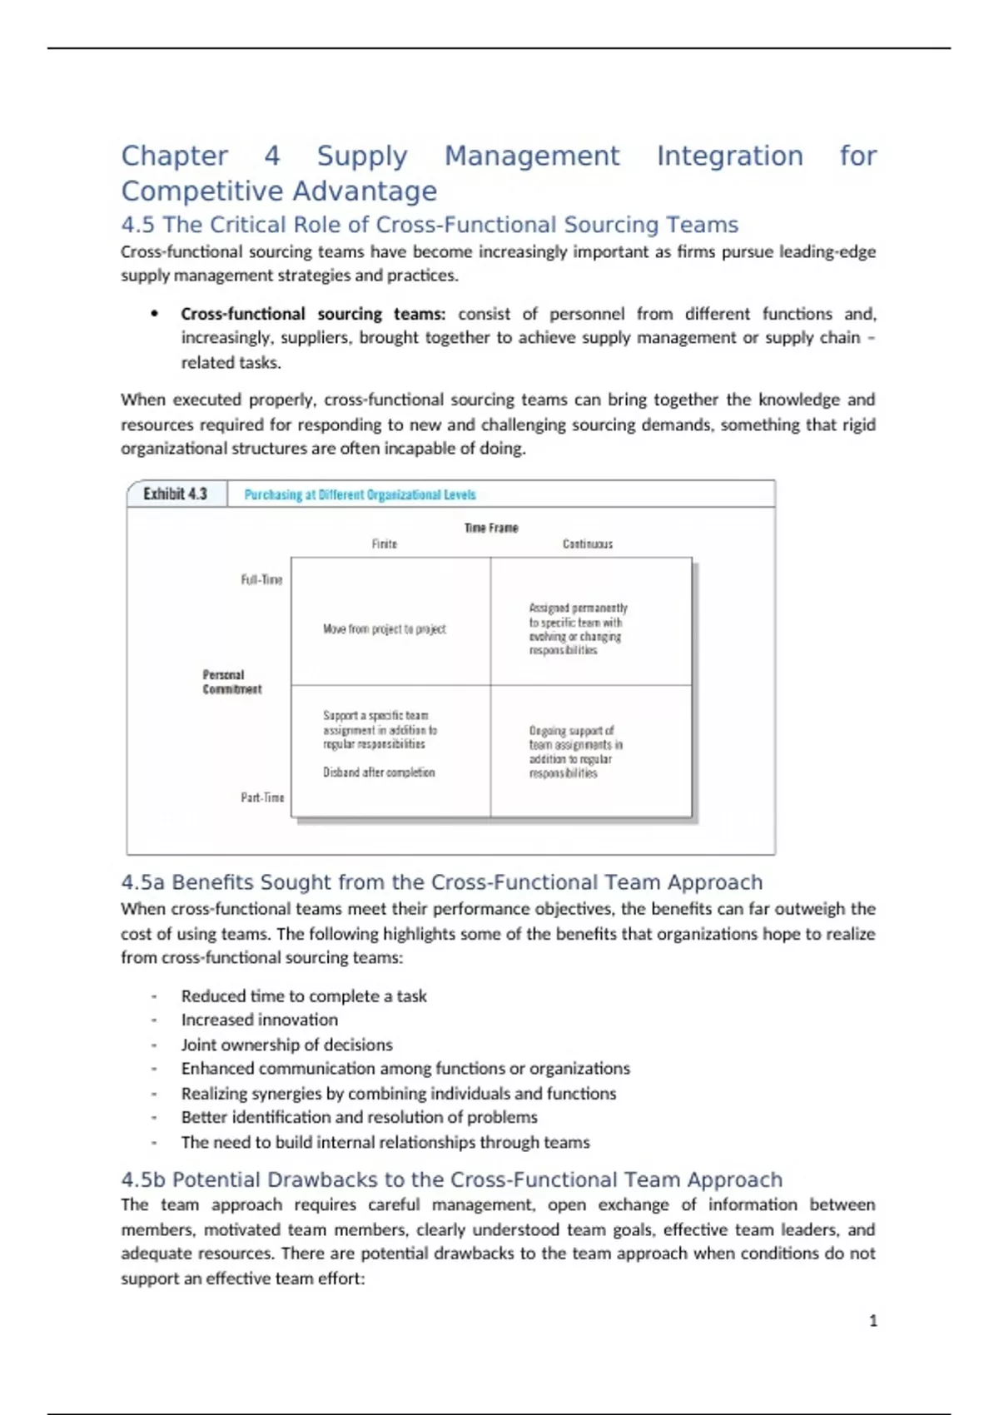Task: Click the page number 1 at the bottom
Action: click(x=872, y=1321)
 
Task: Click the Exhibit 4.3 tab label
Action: click(x=175, y=494)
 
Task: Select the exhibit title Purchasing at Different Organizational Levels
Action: click(x=360, y=494)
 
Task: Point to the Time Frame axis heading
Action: click(x=491, y=528)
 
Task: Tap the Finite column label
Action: click(x=385, y=544)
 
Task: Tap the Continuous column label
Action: click(x=588, y=544)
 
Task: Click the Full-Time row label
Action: click(x=261, y=579)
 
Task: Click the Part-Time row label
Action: click(x=262, y=797)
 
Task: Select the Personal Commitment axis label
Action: click(x=231, y=682)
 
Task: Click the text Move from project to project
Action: click(x=385, y=629)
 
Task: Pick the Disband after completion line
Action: click(x=379, y=772)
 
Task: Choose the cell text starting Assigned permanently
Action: click(x=578, y=629)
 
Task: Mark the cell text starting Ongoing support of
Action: click(x=575, y=752)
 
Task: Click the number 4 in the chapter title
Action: click(x=272, y=156)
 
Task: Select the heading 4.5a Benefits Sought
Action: click(x=441, y=882)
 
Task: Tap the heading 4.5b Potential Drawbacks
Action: click(x=451, y=1179)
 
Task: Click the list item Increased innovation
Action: click(x=260, y=1020)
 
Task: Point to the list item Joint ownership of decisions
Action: click(x=286, y=1045)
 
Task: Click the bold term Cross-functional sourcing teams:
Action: click(x=313, y=314)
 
